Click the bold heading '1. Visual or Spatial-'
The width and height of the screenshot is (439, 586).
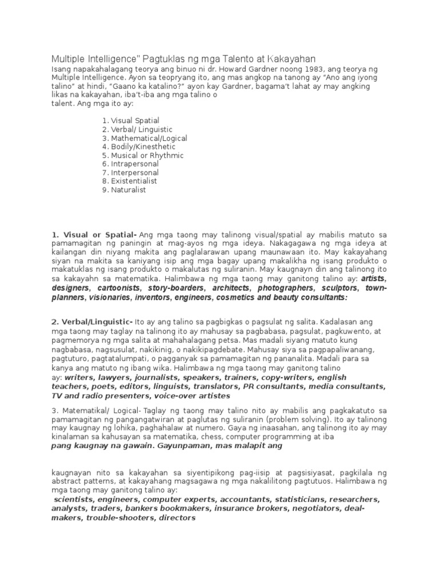coord(94,235)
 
